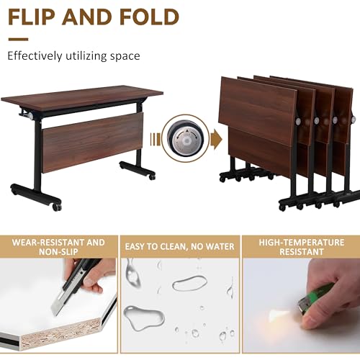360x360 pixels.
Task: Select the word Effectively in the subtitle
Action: (35, 55)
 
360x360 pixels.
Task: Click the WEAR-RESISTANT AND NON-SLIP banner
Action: (58, 248)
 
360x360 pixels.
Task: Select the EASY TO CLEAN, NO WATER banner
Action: (179, 248)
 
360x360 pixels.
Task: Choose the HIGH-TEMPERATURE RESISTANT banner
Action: (301, 248)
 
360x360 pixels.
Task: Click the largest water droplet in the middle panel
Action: (143, 317)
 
